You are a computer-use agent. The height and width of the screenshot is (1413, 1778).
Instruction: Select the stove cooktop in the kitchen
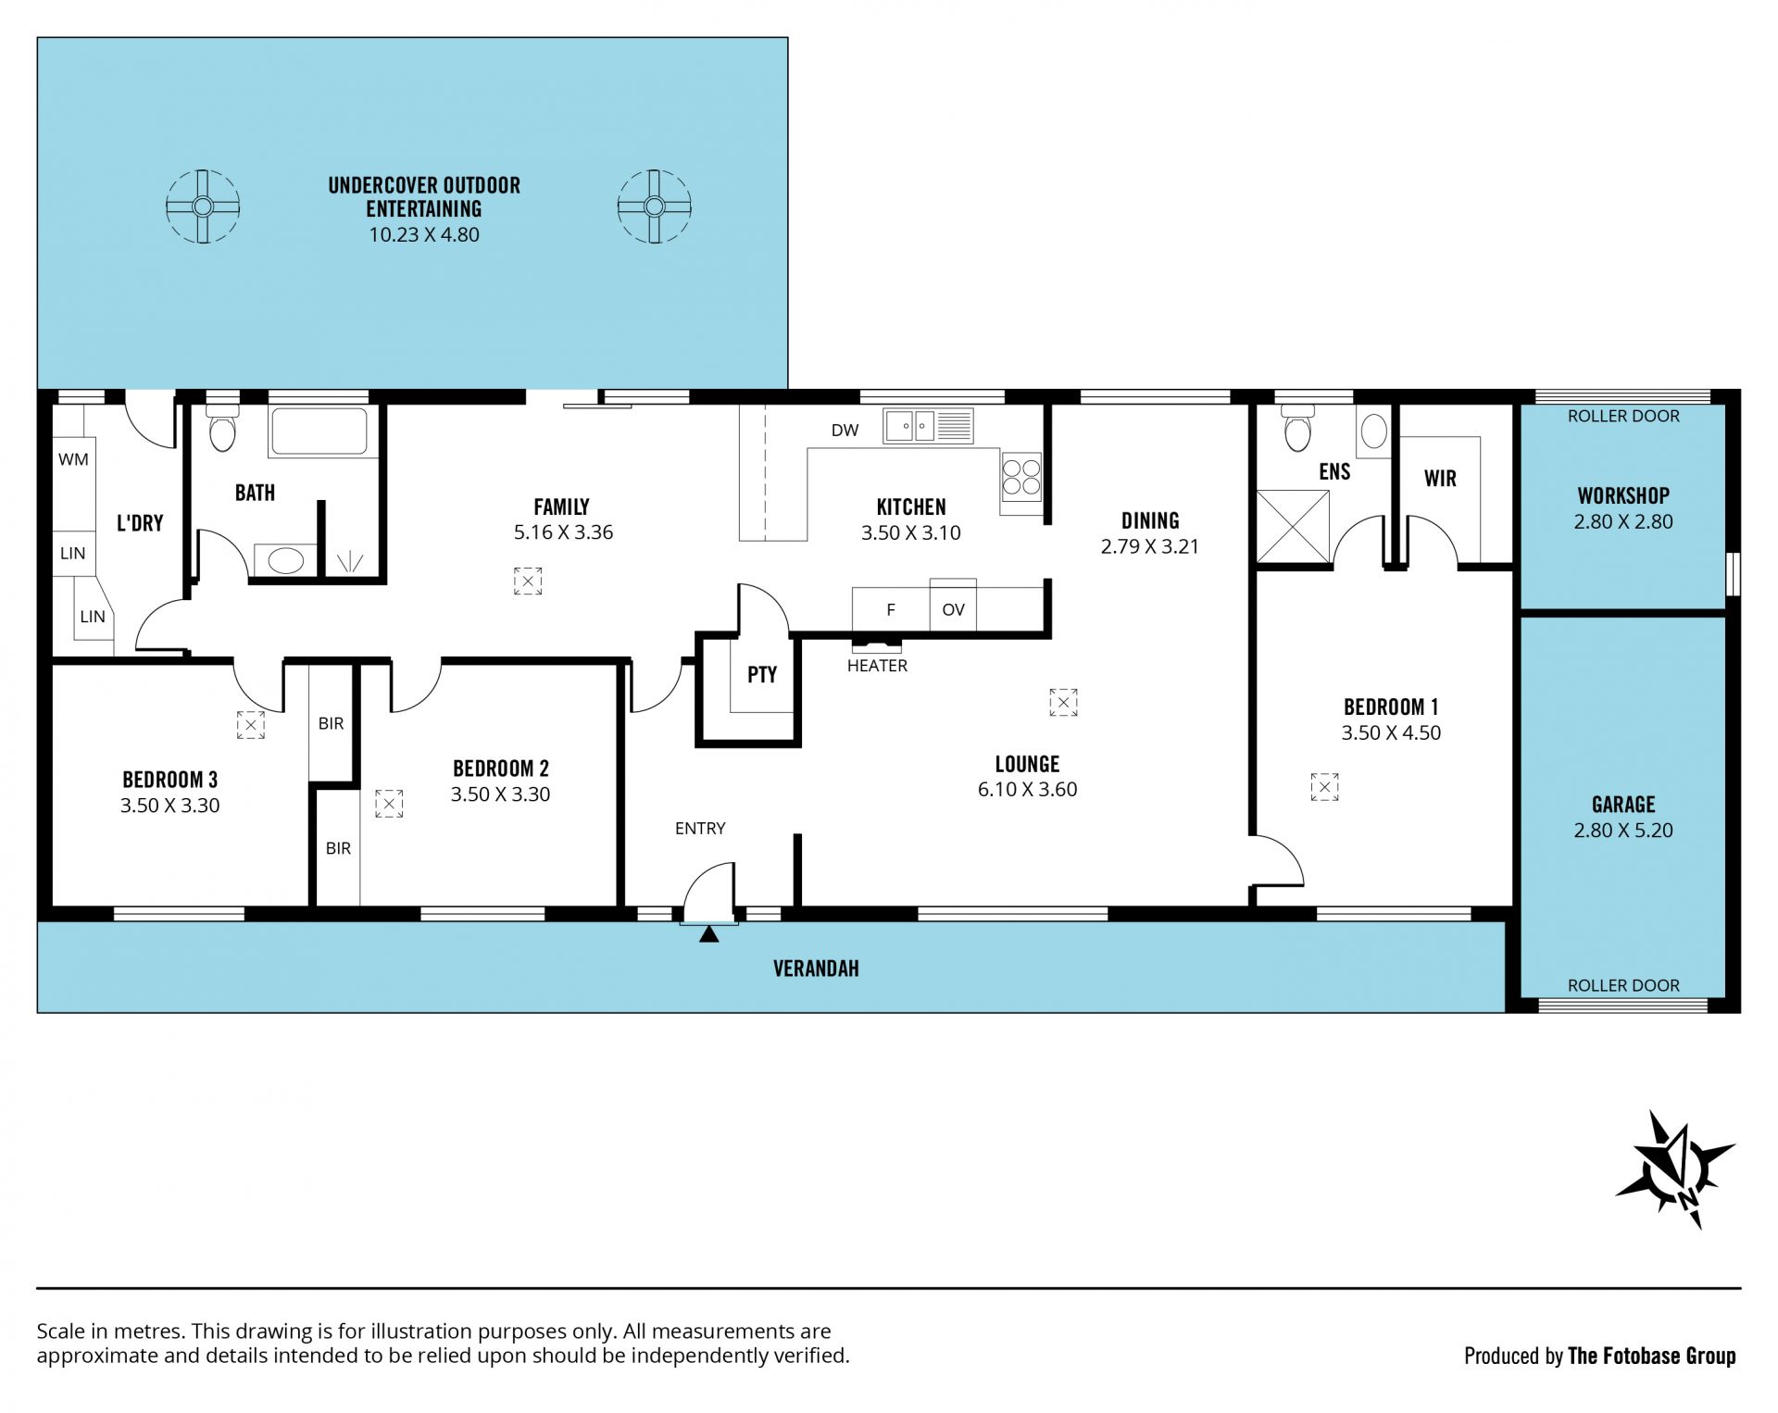coord(1020,476)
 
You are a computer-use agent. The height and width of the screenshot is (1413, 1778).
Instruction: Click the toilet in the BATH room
coord(222,427)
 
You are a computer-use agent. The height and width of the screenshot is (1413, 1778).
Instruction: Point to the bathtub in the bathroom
coord(319,431)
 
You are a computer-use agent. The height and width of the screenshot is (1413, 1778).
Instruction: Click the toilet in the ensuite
coord(1297,427)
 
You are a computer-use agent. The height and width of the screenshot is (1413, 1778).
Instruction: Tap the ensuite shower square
coord(1293,526)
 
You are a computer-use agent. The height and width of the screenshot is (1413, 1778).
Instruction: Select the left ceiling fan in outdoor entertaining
coord(203,206)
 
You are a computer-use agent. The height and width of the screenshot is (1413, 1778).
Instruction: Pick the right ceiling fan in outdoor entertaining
coord(655,206)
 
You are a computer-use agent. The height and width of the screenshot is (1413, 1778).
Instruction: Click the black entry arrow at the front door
coord(709,934)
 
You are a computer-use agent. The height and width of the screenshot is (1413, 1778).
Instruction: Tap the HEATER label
coord(877,666)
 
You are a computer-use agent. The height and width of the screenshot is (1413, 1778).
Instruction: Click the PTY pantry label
coord(762,674)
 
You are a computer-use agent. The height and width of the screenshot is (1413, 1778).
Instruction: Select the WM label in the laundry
coord(74,459)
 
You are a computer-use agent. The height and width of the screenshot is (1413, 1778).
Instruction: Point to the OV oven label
coord(953,609)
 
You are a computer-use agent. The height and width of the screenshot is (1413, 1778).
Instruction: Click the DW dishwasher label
coord(845,430)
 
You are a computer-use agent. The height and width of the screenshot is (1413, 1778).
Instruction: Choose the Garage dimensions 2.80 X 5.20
coord(1623,831)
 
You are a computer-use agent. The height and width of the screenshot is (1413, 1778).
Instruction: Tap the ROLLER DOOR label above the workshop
coord(1623,416)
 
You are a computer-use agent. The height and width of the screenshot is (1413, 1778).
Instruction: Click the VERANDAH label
coord(816,969)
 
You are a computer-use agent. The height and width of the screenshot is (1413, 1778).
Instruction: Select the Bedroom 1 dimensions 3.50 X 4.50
coord(1391,732)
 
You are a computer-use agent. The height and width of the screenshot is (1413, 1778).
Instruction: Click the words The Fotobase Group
coord(1652,1356)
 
